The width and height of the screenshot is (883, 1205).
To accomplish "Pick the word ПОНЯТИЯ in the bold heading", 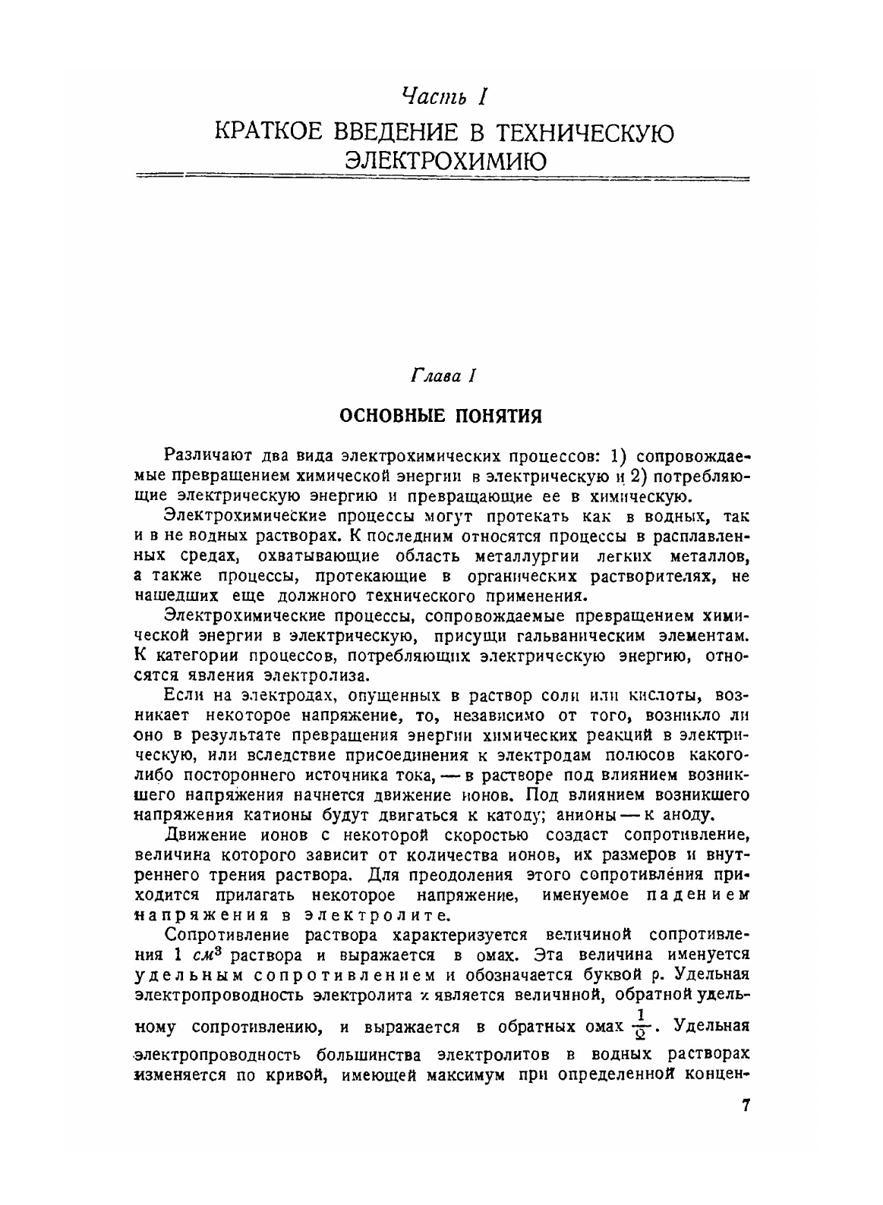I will point(497,416).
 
